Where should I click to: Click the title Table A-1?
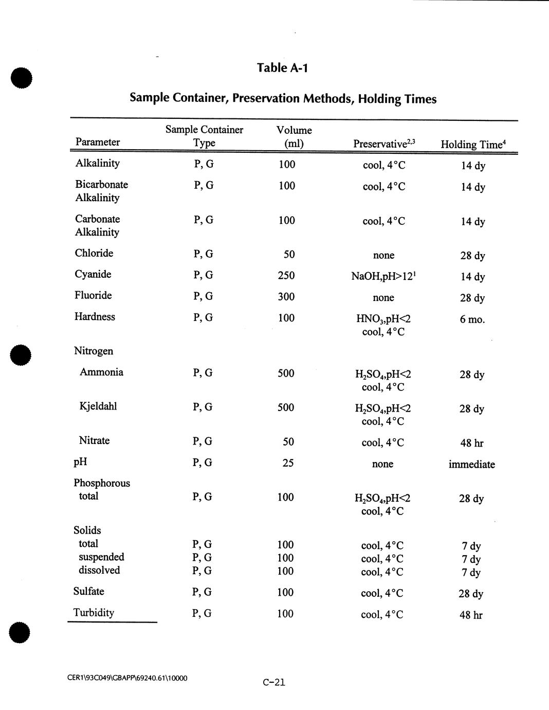pyautogui.click(x=282, y=67)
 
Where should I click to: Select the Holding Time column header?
pyautogui.click(x=473, y=144)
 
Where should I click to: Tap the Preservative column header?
pyautogui.click(x=384, y=144)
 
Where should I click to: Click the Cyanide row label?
pyautogui.click(x=93, y=274)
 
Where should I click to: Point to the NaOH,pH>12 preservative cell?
pyautogui.click(x=383, y=276)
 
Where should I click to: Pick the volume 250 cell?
pyautogui.click(x=286, y=275)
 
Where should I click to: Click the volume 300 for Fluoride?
pyautogui.click(x=286, y=296)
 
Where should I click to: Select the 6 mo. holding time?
pyautogui.click(x=472, y=319)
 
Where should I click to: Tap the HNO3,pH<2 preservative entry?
pyautogui.click(x=383, y=319)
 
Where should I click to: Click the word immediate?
pyautogui.click(x=471, y=465)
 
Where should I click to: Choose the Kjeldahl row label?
pyautogui.click(x=98, y=406)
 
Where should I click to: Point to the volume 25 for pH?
pyautogui.click(x=288, y=463)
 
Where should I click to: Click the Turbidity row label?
pyautogui.click(x=94, y=613)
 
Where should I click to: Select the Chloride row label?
pyautogui.click(x=94, y=253)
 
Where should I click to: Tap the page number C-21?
pyautogui.click(x=273, y=683)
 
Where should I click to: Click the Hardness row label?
pyautogui.click(x=95, y=317)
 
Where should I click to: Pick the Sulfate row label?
pyautogui.click(x=88, y=592)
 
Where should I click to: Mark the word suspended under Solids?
pyautogui.click(x=101, y=557)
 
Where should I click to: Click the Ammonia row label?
pyautogui.click(x=101, y=372)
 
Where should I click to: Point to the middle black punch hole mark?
pyautogui.click(x=21, y=354)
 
